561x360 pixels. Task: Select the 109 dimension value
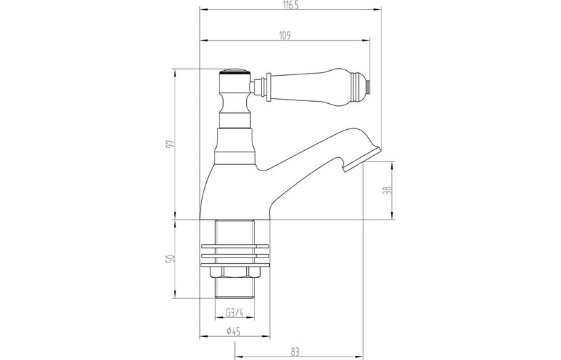pyautogui.click(x=285, y=34)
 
